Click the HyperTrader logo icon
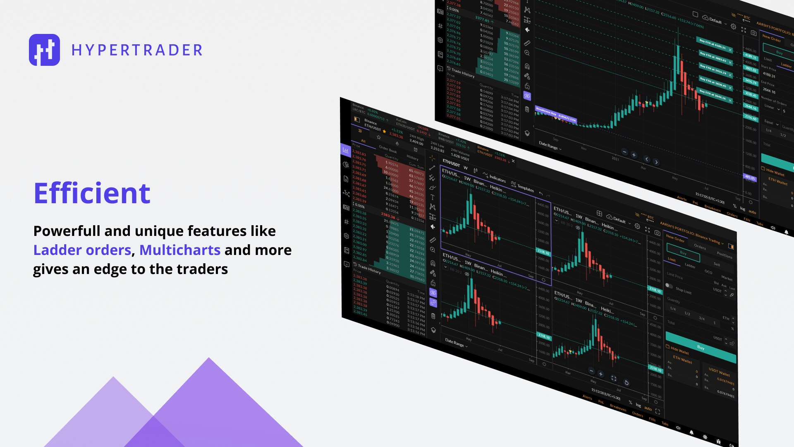click(x=44, y=50)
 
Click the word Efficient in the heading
click(x=92, y=193)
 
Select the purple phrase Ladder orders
click(x=82, y=250)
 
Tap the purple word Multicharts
click(x=179, y=250)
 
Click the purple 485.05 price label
click(x=750, y=177)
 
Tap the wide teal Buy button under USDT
click(x=701, y=347)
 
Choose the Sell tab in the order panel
click(x=717, y=264)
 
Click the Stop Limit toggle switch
click(x=669, y=286)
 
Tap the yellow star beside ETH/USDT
click(x=384, y=131)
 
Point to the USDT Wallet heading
click(x=719, y=372)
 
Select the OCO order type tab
click(x=708, y=272)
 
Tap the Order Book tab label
click(x=387, y=149)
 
